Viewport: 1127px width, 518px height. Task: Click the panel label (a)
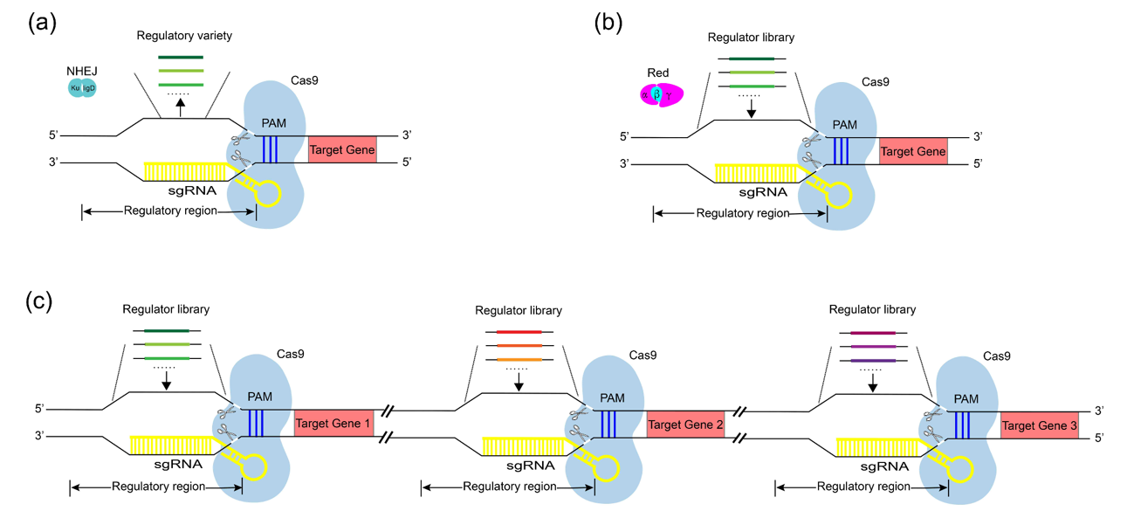42,24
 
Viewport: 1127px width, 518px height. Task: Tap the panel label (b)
608,24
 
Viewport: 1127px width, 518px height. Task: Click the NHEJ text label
81,71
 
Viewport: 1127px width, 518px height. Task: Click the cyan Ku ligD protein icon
82,88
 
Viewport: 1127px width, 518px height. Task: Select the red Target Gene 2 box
685,425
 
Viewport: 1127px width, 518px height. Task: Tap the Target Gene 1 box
333,423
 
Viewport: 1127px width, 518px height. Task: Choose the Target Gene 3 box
1039,425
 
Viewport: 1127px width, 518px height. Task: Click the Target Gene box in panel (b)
913,152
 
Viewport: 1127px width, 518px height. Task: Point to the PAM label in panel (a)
273,123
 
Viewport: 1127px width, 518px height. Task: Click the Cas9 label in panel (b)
875,82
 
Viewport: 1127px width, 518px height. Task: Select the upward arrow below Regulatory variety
180,107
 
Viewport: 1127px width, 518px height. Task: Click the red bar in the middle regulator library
519,332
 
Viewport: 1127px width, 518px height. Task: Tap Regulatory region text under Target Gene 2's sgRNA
510,487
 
